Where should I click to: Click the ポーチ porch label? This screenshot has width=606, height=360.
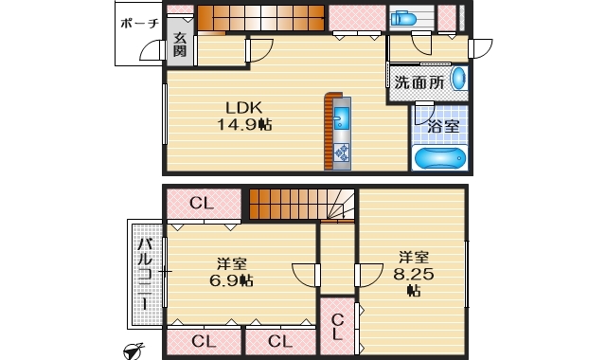(x=139, y=26)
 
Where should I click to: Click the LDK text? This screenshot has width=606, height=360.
(x=242, y=106)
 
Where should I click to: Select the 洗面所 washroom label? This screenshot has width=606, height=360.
(x=419, y=82)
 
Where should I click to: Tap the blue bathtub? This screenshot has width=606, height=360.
(x=440, y=158)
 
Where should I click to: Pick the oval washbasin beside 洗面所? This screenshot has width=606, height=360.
(x=458, y=79)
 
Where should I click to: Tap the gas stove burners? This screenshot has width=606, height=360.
(x=341, y=152)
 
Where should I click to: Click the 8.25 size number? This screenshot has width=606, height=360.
(x=413, y=274)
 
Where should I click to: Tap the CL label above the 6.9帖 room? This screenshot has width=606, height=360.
(x=202, y=202)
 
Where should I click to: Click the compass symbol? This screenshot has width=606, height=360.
(x=134, y=351)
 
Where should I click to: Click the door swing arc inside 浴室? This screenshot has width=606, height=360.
(x=423, y=117)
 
